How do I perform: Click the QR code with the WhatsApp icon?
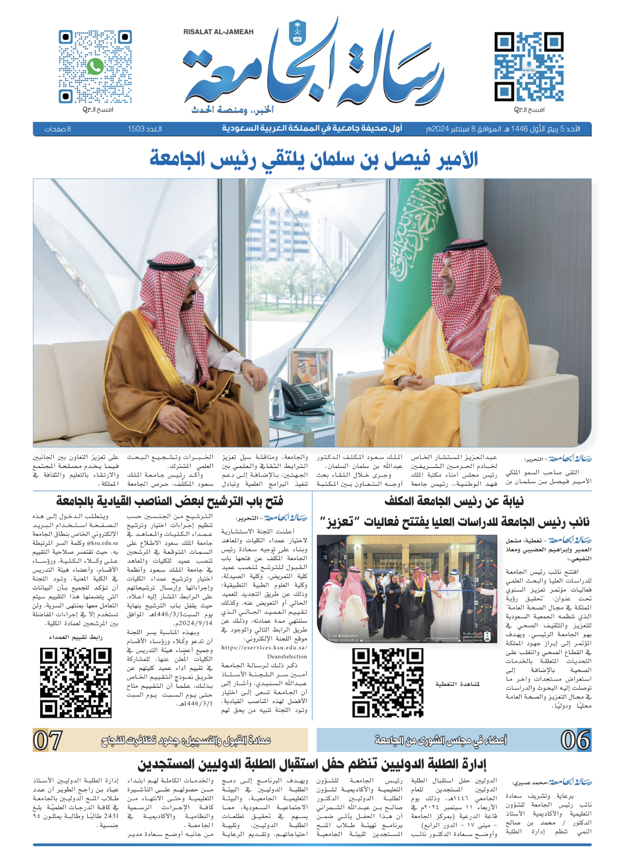coord(95,67)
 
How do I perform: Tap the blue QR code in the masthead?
coord(529,67)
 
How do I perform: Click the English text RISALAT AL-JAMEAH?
coord(219,32)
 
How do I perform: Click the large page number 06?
coord(575,740)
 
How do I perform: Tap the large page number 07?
coord(47,740)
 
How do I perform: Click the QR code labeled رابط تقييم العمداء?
coord(76,683)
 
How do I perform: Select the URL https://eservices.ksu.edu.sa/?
coord(264,648)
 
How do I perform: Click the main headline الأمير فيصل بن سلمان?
coord(314,159)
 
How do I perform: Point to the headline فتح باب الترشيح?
coord(170,501)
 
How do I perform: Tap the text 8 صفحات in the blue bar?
coord(58,129)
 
